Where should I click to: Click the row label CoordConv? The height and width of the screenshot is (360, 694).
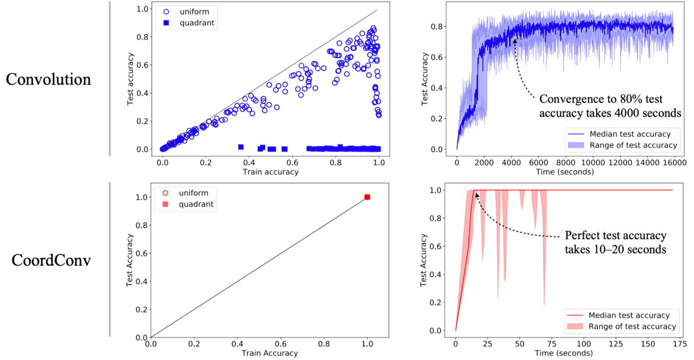pos(51,260)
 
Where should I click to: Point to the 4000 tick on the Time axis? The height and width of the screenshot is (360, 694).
pos(511,163)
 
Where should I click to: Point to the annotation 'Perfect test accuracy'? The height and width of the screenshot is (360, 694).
pos(615,235)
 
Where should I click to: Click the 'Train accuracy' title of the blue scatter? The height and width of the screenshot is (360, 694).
pos(271,172)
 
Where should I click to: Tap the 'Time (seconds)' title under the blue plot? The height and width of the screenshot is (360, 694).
pos(564,172)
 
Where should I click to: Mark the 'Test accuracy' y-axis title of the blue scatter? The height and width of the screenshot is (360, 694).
pos(131,79)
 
